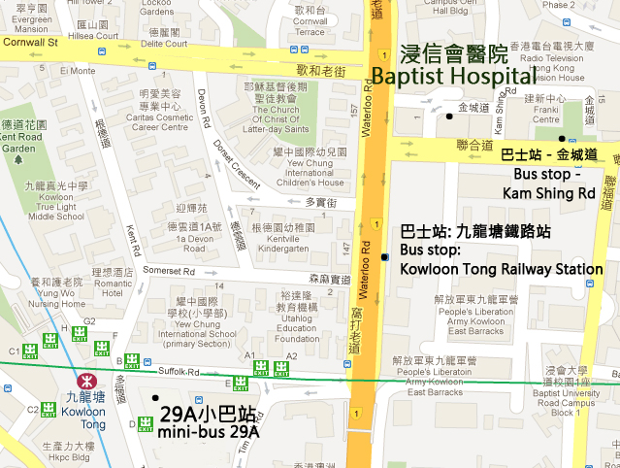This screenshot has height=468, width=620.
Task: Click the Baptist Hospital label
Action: tap(452, 65)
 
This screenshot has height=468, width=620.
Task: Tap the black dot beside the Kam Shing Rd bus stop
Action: tap(562, 139)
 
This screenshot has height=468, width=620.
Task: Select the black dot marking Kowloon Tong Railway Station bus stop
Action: tap(385, 257)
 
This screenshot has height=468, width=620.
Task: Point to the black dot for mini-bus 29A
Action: tap(155, 398)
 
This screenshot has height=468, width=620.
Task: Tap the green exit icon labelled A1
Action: tap(261, 368)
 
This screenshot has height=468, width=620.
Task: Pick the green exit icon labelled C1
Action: tap(31, 351)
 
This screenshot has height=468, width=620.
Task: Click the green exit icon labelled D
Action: tap(146, 422)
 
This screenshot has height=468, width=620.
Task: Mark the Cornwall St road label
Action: tap(30, 43)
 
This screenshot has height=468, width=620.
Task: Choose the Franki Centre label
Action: tap(546, 114)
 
